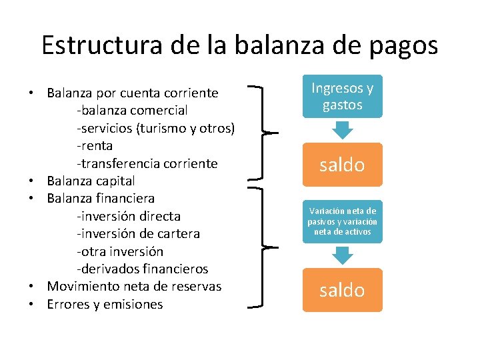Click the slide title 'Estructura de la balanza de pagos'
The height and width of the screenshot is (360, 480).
pyautogui.click(x=239, y=45)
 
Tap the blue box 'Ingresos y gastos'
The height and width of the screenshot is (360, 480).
pyautogui.click(x=342, y=97)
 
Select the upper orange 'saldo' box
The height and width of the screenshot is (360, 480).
pyautogui.click(x=342, y=165)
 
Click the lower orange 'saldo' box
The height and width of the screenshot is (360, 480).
pyautogui.click(x=342, y=290)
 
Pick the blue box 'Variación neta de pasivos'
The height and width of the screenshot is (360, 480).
pyautogui.click(x=342, y=221)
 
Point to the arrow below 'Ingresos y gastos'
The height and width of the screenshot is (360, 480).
pyautogui.click(x=342, y=129)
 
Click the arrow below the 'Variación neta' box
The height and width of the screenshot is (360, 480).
pyautogui.click(x=342, y=255)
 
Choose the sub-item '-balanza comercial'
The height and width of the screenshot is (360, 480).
pyautogui.click(x=132, y=110)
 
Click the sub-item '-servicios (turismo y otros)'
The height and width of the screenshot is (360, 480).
pyautogui.click(x=156, y=127)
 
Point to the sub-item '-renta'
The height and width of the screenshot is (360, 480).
pyautogui.click(x=95, y=145)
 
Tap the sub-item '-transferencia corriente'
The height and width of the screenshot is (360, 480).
pyautogui.click(x=147, y=163)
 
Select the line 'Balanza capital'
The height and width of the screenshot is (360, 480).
pyautogui.click(x=91, y=181)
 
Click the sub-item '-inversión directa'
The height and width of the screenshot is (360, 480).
pyautogui.click(x=129, y=216)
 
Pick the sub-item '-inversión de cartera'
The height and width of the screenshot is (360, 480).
pyautogui.click(x=138, y=234)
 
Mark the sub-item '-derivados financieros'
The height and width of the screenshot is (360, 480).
pyautogui.click(x=142, y=269)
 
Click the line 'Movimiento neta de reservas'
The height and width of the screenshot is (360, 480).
pyautogui.click(x=133, y=287)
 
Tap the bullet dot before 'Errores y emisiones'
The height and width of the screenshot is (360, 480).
pyautogui.click(x=32, y=305)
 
